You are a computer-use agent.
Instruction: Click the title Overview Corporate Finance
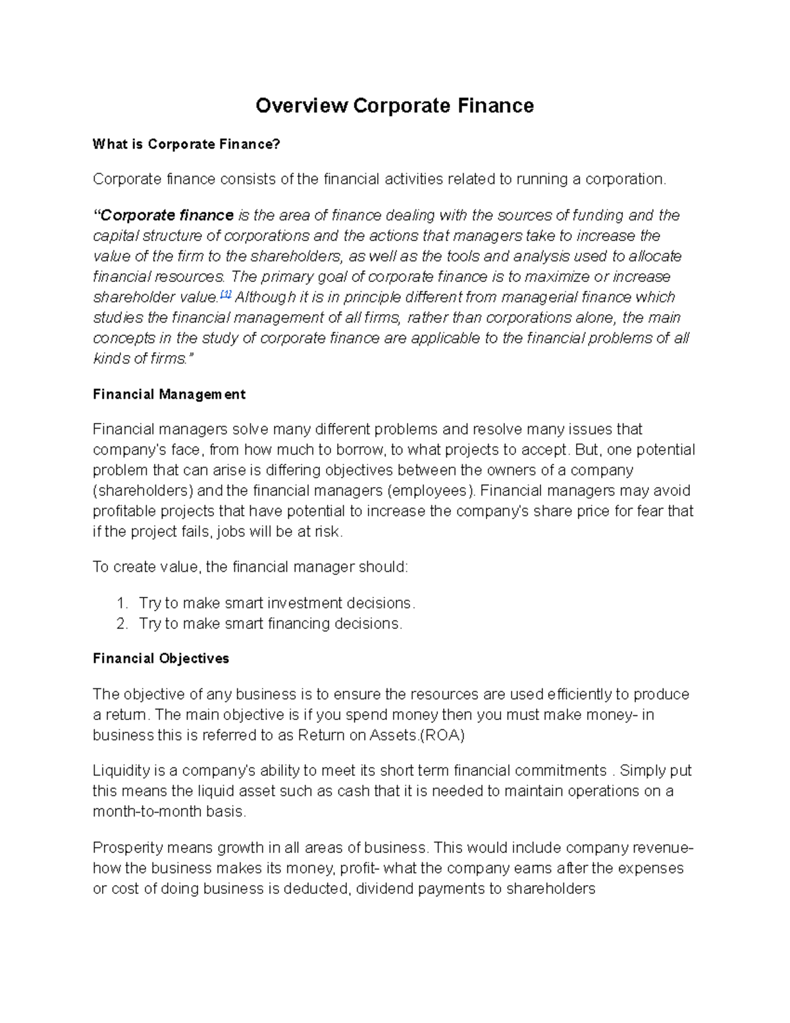(394, 105)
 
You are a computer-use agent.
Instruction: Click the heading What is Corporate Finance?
(186, 144)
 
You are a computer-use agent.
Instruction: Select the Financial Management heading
(169, 395)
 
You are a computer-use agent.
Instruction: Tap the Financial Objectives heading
(161, 659)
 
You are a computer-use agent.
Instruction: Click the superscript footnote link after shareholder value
(226, 294)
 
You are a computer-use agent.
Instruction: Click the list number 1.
(121, 603)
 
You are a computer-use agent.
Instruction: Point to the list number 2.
(121, 624)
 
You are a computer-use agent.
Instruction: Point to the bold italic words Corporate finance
(167, 215)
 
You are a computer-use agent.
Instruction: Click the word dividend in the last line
(379, 889)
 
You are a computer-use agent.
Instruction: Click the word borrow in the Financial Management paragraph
(361, 450)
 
